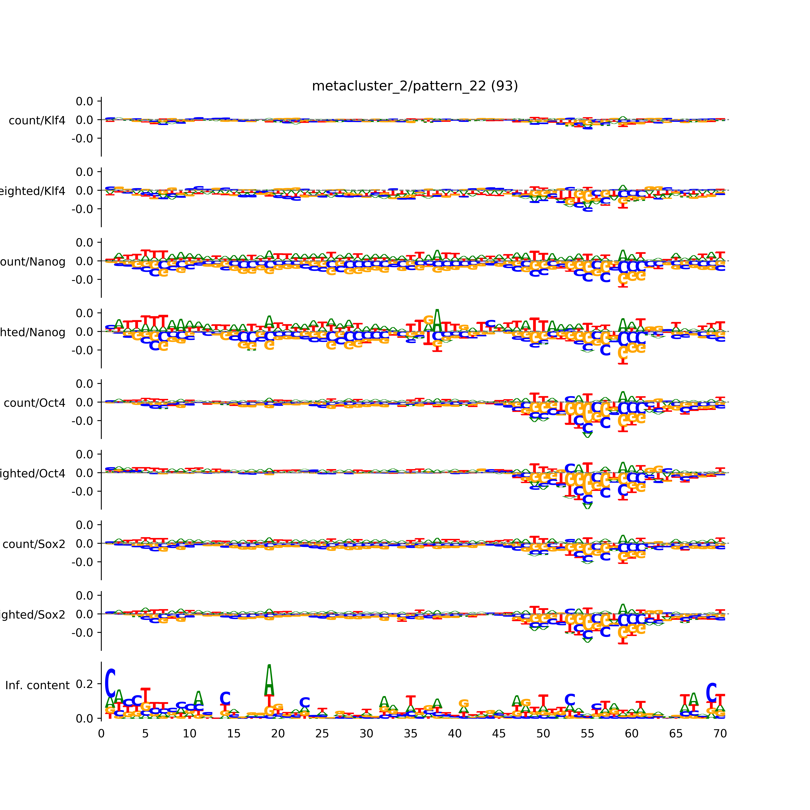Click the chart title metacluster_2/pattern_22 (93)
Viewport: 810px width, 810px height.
pyautogui.click(x=415, y=86)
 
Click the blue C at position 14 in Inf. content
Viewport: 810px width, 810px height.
pyautogui.click(x=225, y=698)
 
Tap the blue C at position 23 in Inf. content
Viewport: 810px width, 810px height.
pyautogui.click(x=305, y=703)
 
